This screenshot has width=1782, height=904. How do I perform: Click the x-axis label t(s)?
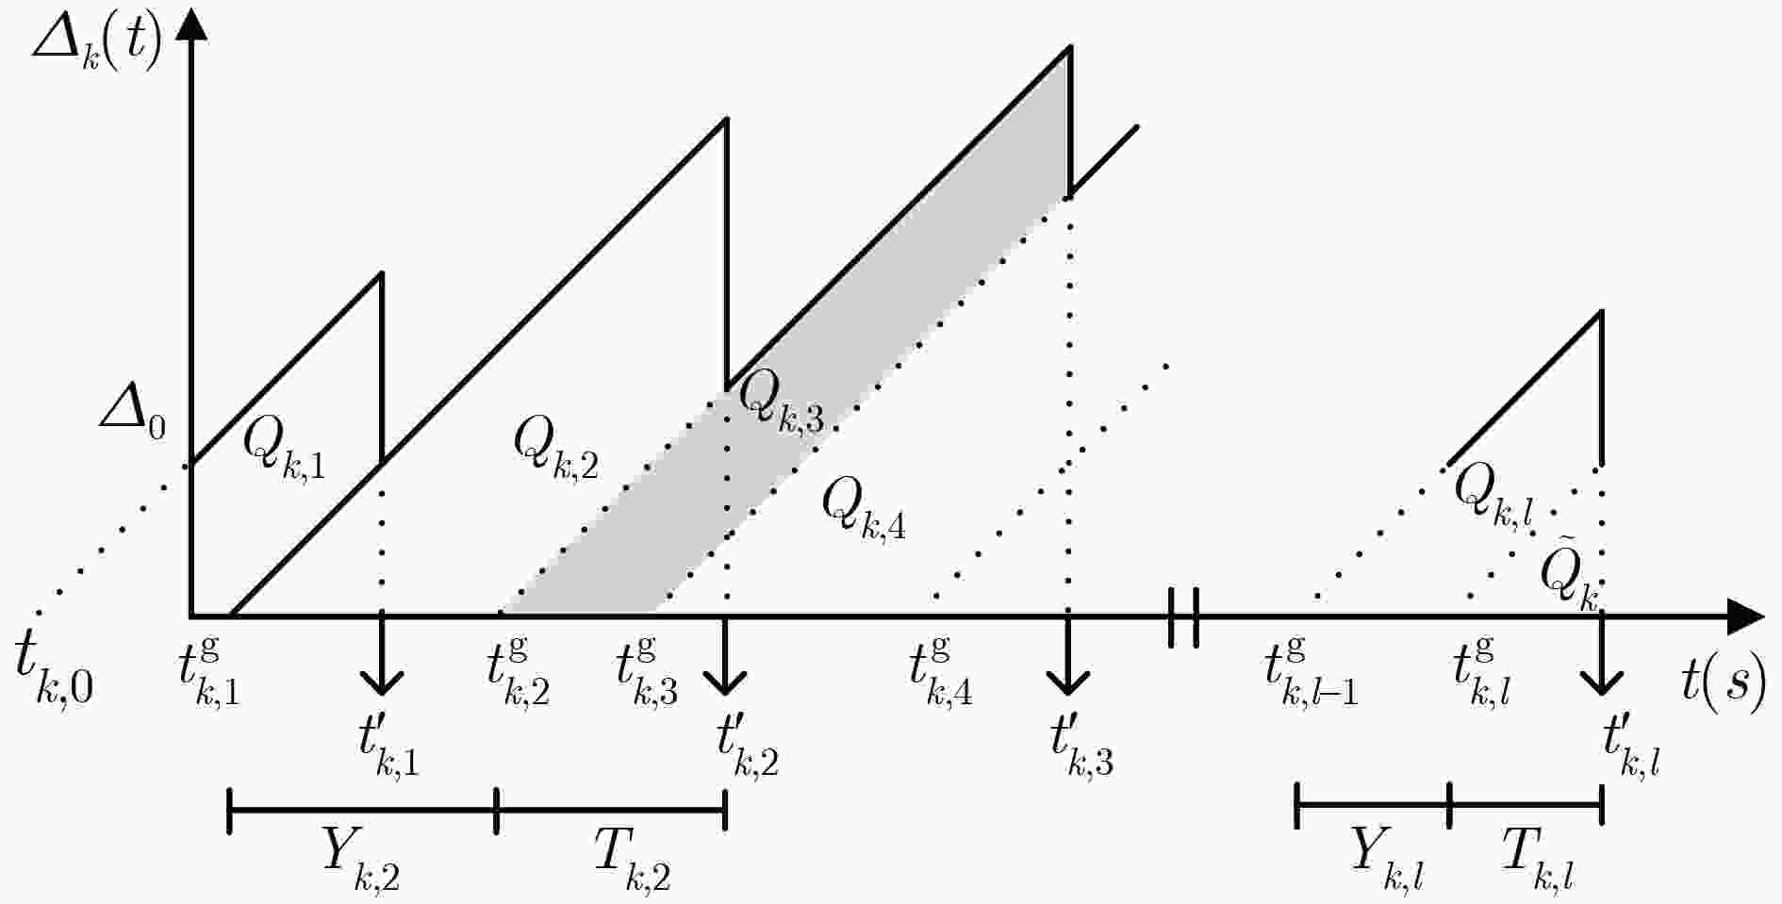click(1724, 683)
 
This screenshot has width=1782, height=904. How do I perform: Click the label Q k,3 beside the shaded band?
click(781, 403)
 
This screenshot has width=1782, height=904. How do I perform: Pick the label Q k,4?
click(864, 508)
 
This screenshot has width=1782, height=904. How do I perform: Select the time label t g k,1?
click(209, 672)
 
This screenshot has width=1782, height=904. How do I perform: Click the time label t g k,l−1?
click(1311, 672)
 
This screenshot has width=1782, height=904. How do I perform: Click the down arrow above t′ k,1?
click(381, 654)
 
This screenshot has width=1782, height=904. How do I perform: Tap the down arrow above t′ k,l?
click(1601, 654)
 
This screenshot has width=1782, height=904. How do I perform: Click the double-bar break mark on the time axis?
click(1183, 617)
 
